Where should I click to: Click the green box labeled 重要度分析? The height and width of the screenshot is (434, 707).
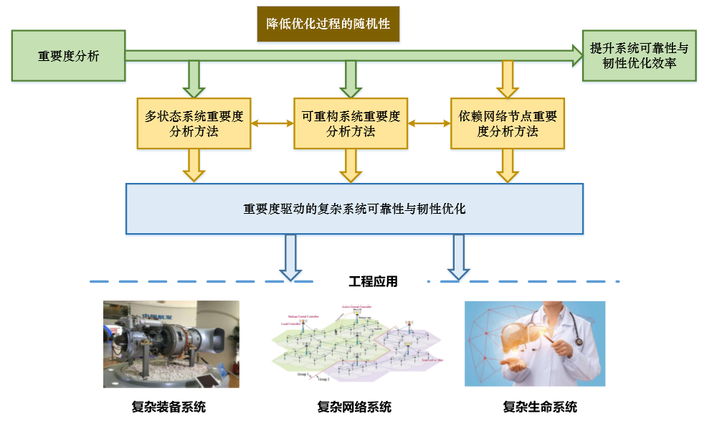pos(69,56)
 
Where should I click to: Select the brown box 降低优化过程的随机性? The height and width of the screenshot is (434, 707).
pos(328,24)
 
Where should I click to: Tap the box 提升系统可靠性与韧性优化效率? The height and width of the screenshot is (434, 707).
pos(639,56)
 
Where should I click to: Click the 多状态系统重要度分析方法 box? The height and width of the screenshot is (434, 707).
pos(194,123)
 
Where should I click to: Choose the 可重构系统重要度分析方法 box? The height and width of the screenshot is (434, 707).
pos(351,123)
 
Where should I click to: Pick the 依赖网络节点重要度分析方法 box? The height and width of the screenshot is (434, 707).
pos(507,123)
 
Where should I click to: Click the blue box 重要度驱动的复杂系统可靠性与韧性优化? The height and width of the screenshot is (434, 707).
pos(354,209)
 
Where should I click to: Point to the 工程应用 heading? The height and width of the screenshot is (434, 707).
pos(373,282)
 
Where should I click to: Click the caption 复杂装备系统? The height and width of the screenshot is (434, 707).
pos(169,407)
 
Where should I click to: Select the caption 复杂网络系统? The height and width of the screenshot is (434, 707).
pos(354,407)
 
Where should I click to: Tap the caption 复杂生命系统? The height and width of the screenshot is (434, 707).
pos(540,407)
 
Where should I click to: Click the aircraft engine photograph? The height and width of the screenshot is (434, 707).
pos(171,344)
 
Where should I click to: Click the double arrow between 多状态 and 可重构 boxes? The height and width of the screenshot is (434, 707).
pos(272,123)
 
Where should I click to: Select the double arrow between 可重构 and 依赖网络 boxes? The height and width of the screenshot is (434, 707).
pos(429,123)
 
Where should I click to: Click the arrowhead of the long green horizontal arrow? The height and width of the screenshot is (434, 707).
pos(576,55)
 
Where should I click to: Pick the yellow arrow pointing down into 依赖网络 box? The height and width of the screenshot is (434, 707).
pos(508,80)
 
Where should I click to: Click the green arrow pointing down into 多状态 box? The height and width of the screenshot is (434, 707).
pos(194,80)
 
